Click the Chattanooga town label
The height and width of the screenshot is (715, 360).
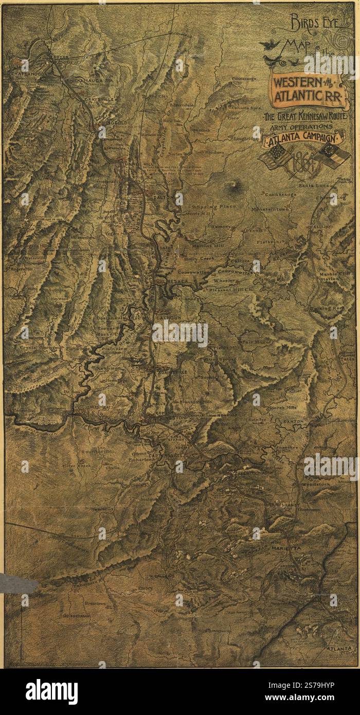(x=29, y=74)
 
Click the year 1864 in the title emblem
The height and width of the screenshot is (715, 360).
(x=304, y=165)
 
